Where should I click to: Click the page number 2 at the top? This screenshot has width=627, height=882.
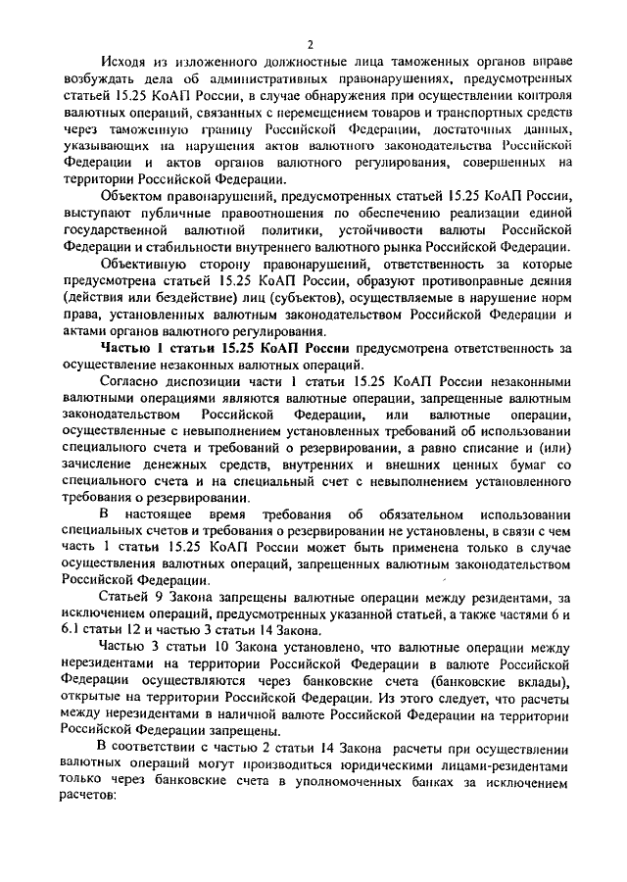click(309, 44)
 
